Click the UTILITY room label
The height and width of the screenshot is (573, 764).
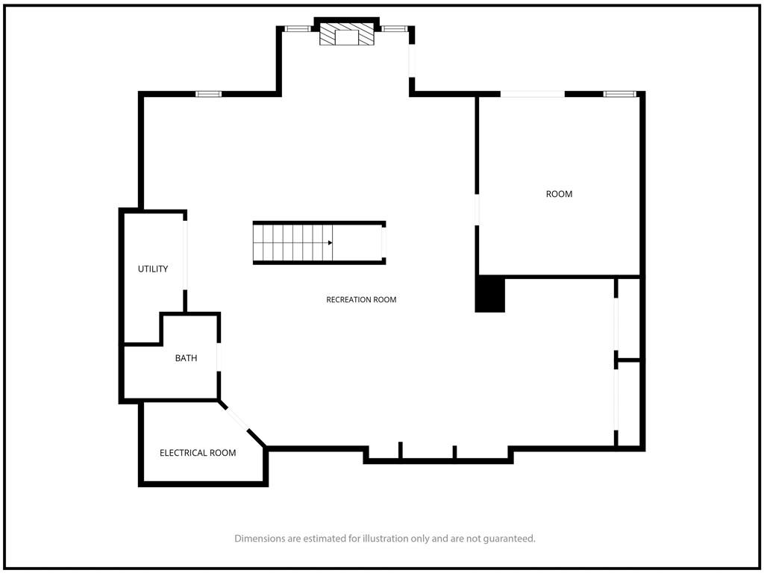[x=153, y=269]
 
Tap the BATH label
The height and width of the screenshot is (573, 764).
[x=186, y=358]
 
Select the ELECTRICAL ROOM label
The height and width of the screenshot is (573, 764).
[x=198, y=453]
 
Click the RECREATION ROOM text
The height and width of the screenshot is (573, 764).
[x=361, y=300]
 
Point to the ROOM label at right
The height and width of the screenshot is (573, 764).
[x=559, y=194]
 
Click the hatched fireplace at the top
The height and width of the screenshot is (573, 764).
[x=347, y=34]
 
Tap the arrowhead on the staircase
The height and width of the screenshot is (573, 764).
[x=330, y=242]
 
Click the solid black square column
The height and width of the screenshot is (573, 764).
[x=490, y=295]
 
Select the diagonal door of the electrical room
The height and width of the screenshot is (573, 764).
[x=237, y=418]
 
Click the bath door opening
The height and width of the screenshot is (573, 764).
[x=219, y=357]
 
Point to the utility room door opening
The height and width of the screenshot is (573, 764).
[x=185, y=255]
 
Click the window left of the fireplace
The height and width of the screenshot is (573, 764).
[x=298, y=29]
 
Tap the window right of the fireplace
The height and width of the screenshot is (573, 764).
[x=394, y=29]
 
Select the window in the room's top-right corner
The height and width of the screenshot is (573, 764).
[x=620, y=94]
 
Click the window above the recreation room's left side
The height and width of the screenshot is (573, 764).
[x=209, y=94]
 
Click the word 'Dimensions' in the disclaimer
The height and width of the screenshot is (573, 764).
[x=260, y=539]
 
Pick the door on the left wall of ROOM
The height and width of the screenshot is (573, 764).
[x=477, y=210]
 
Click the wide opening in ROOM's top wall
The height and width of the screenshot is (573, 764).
[x=533, y=94]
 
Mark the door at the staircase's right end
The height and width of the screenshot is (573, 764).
[x=384, y=242]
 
